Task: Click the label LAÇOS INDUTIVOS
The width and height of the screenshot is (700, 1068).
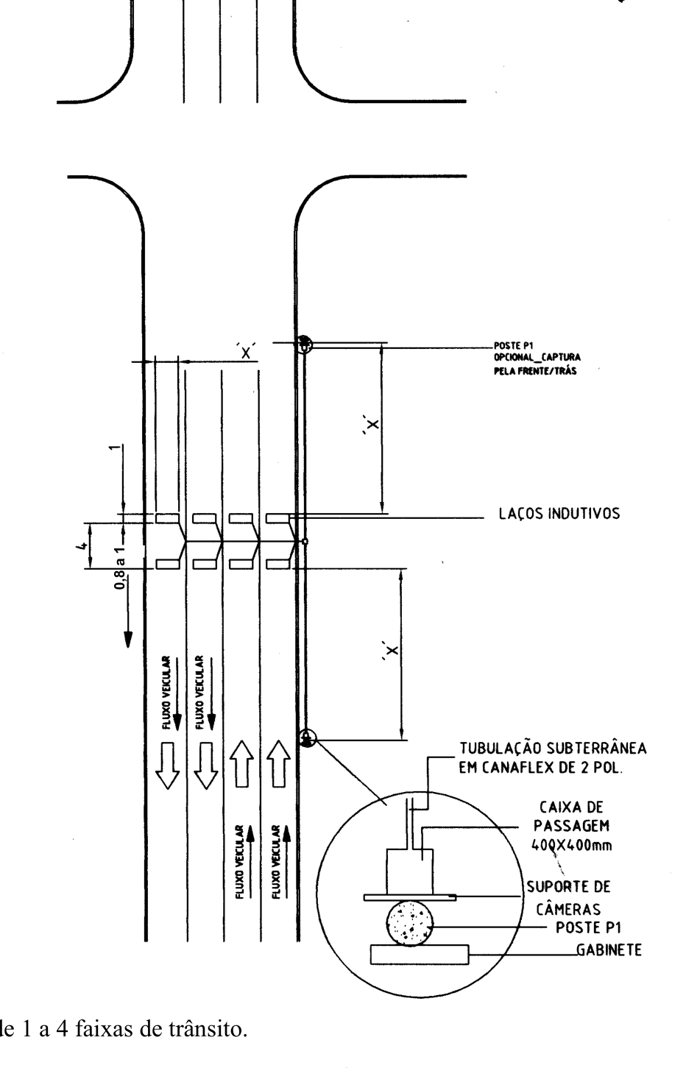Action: click(x=559, y=514)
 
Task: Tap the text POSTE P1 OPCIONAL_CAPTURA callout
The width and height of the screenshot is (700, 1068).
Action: click(x=537, y=358)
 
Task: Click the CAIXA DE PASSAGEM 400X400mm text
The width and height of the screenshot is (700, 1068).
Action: click(x=571, y=826)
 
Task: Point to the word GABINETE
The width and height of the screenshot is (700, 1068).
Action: click(x=609, y=950)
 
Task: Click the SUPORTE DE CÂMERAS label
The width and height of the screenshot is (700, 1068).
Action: click(x=568, y=898)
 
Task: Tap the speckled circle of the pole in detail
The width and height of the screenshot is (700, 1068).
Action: click(x=409, y=923)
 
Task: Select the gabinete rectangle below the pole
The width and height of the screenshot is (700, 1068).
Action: click(x=420, y=955)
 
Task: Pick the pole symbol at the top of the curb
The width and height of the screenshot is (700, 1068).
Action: click(x=304, y=344)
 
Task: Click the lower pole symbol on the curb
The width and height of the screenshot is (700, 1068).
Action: click(x=308, y=738)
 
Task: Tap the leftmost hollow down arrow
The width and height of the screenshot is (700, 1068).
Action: click(x=168, y=765)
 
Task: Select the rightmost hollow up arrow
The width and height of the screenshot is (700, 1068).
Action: click(x=278, y=764)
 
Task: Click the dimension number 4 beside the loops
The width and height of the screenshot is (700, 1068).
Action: click(x=82, y=545)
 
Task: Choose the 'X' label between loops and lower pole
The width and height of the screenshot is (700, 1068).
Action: click(x=391, y=650)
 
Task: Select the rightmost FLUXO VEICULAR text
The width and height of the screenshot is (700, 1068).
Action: click(x=276, y=862)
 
